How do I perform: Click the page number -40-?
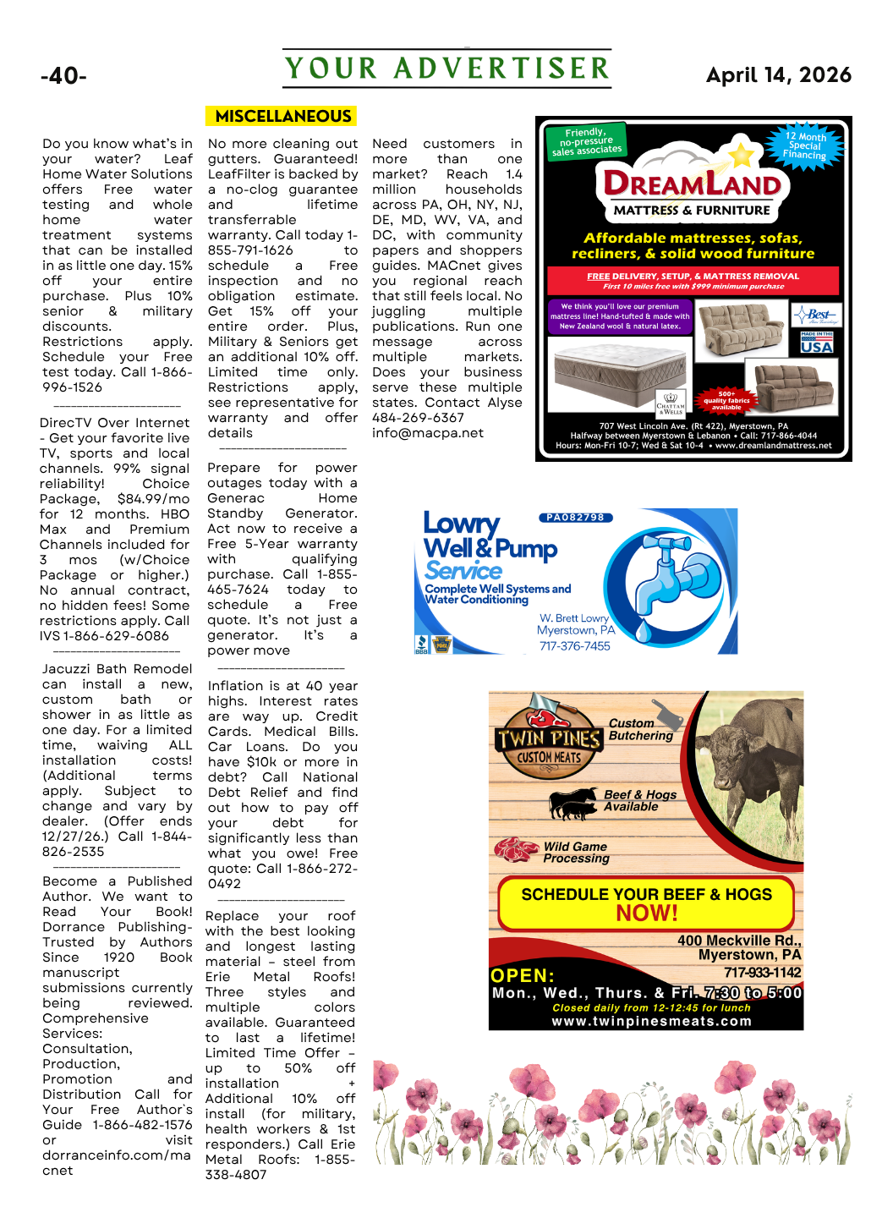pyautogui.click(x=63, y=76)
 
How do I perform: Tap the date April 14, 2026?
pyautogui.click(x=778, y=75)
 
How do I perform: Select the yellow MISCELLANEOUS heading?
pyautogui.click(x=282, y=116)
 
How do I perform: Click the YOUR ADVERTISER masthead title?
pyautogui.click(x=446, y=69)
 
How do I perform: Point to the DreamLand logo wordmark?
pyautogui.click(x=692, y=184)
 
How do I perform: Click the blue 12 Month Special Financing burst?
pyautogui.click(x=804, y=145)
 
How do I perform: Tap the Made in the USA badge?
pyautogui.click(x=816, y=343)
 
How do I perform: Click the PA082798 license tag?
pyautogui.click(x=575, y=518)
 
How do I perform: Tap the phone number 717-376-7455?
pyautogui.click(x=574, y=646)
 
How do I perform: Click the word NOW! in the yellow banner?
pyautogui.click(x=647, y=913)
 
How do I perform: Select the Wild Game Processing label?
pyautogui.click(x=575, y=852)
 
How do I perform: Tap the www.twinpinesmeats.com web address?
pyautogui.click(x=651, y=1021)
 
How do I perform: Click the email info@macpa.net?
pyautogui.click(x=428, y=433)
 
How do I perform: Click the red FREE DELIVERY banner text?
pyautogui.click(x=693, y=277)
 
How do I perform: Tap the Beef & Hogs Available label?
pyautogui.click(x=639, y=800)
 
